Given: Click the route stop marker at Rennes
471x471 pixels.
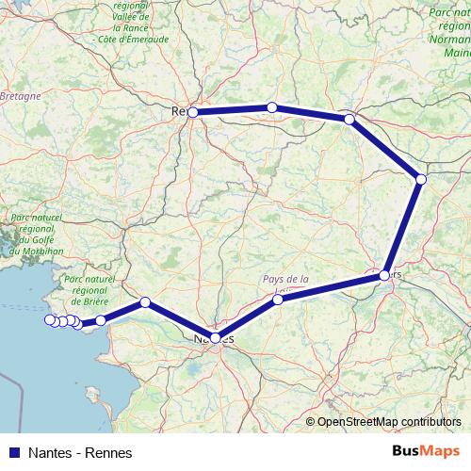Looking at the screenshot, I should point(192,112).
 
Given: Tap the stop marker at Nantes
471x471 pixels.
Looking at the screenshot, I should point(216,337).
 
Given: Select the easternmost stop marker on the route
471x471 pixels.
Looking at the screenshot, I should point(421,179).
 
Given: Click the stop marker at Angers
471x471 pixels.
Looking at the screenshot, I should point(384,275).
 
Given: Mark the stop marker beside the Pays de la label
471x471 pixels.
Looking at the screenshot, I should point(278,300).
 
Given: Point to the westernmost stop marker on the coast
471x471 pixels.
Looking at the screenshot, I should point(50,320).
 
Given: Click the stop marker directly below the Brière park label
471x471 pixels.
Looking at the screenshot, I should point(101,320).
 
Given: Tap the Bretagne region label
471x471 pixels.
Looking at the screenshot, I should point(21,96).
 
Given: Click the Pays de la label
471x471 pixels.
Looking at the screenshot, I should point(285,279).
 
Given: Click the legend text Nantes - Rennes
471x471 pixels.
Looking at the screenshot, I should point(80,453).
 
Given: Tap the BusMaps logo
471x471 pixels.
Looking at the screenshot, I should point(426,452).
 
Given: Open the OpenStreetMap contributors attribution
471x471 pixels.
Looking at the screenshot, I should point(389,422).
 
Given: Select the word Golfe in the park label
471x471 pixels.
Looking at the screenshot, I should point(42,240).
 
